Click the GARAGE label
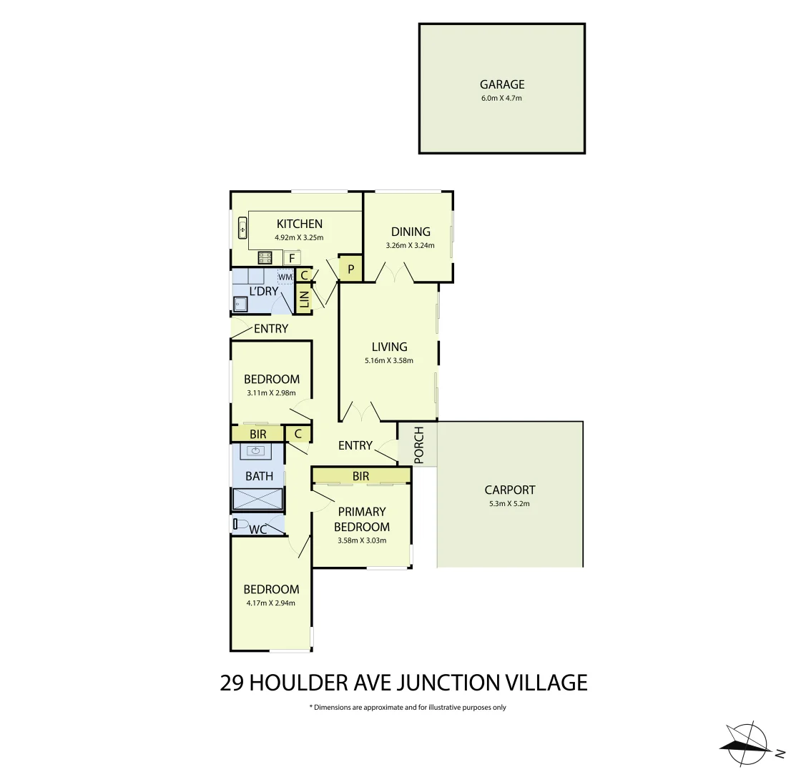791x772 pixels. click(502, 84)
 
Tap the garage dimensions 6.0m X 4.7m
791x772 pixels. click(502, 98)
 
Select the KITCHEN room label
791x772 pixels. click(299, 224)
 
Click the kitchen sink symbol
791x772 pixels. click(242, 229)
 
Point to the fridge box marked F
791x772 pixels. click(292, 258)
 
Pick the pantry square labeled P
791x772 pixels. click(350, 269)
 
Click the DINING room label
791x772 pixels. click(411, 232)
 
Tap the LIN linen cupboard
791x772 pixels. click(303, 300)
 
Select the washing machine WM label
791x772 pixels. click(285, 277)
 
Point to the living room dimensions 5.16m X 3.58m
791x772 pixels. click(389, 360)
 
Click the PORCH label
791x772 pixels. click(418, 445)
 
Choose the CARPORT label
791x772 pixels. click(509, 490)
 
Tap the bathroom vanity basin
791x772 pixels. click(257, 451)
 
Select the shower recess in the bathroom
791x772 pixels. click(257, 499)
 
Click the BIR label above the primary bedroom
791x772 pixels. click(360, 476)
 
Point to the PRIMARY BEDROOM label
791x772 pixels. click(362, 519)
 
